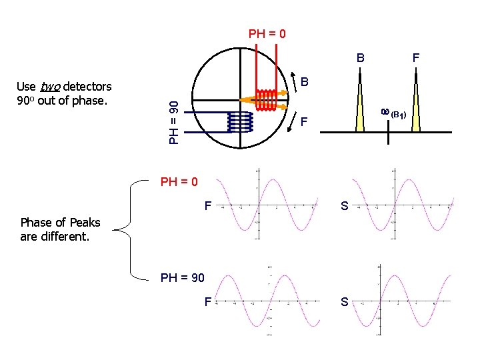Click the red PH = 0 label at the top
[x=267, y=33]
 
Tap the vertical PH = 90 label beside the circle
[x=174, y=121]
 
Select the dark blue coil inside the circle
[x=240, y=121]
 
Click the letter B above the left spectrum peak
[x=360, y=58]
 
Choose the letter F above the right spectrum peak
[x=416, y=58]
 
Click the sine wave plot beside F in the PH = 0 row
[x=269, y=205]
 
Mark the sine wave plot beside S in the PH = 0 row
[x=404, y=205]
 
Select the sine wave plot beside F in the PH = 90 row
[x=269, y=301]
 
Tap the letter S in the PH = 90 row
[x=345, y=302]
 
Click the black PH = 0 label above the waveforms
[x=179, y=181]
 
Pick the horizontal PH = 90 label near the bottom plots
[x=183, y=278]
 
